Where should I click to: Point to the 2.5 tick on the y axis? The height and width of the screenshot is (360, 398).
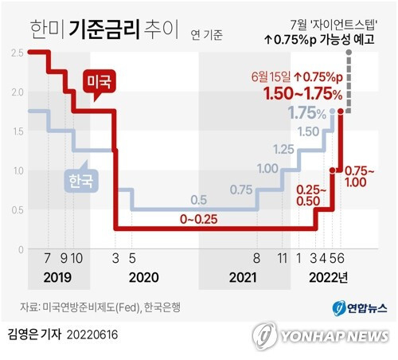(18, 53)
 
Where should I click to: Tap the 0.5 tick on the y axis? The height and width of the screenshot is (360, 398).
(18, 210)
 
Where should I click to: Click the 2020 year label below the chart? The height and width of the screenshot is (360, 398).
(143, 279)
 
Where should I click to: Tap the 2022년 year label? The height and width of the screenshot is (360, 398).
(328, 279)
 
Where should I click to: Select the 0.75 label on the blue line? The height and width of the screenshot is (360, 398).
(240, 190)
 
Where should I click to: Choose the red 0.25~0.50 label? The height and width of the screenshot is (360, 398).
(311, 195)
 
